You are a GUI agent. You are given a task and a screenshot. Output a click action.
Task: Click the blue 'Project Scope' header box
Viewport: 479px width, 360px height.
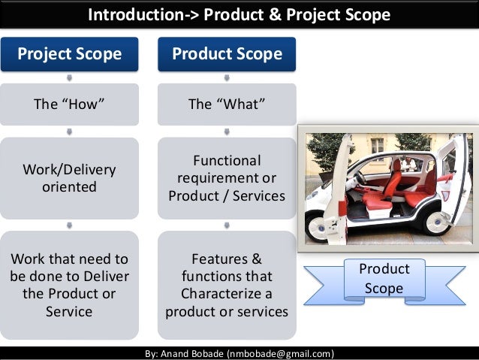[x=69, y=54]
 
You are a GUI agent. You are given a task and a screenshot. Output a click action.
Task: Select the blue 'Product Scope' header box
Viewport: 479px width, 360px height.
[x=227, y=54]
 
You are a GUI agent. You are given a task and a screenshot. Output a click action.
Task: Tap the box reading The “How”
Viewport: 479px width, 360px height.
[x=69, y=104]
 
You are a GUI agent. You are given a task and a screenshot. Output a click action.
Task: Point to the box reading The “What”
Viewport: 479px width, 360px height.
[x=227, y=104]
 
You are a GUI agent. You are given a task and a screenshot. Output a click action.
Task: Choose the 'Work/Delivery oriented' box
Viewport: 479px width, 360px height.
[x=69, y=177]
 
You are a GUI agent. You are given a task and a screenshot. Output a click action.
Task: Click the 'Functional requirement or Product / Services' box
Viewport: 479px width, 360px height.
[x=227, y=178]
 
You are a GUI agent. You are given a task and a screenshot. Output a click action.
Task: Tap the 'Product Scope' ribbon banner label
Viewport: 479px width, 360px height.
[x=384, y=278]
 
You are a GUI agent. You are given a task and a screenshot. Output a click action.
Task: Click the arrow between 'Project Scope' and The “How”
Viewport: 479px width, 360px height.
[x=69, y=77]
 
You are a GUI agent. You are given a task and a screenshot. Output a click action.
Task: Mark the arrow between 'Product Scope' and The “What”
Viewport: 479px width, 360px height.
[x=227, y=77]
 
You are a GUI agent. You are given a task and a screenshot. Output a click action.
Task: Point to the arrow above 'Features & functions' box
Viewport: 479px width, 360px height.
[x=227, y=224]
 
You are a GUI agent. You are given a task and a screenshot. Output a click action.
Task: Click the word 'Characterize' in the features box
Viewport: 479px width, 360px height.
[x=227, y=293]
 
